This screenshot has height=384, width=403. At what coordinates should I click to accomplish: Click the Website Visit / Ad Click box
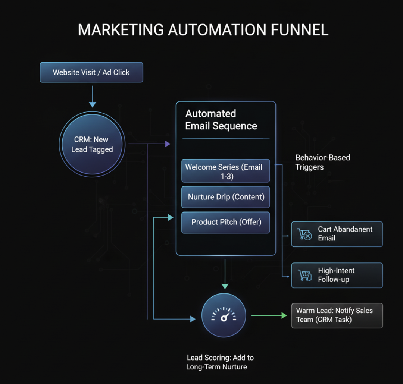pos(91,72)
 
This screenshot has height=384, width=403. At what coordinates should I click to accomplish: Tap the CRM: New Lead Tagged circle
pos(92,145)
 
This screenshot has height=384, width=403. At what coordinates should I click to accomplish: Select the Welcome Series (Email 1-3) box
pos(225,171)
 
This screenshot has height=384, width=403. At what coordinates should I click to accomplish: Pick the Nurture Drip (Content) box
pos(225,197)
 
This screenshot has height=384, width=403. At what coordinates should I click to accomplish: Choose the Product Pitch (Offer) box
pos(225,222)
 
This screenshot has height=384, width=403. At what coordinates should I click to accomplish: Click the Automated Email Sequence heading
pos(221,120)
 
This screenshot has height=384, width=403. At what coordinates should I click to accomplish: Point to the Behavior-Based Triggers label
pos(322,162)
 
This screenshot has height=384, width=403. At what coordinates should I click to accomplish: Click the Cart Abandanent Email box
pos(337,234)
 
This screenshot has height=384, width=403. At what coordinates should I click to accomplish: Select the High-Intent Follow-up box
pos(337,275)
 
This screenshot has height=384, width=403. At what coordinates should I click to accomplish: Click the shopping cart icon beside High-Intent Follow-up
pos(304,276)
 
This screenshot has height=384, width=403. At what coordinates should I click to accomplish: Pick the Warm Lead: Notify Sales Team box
pos(337,315)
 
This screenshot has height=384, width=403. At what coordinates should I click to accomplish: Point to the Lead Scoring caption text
pos(220,362)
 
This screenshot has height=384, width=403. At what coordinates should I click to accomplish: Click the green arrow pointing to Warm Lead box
pos(269,315)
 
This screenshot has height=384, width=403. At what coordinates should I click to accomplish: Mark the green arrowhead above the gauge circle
pos(225,286)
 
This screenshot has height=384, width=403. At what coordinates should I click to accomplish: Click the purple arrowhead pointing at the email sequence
pos(168,144)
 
